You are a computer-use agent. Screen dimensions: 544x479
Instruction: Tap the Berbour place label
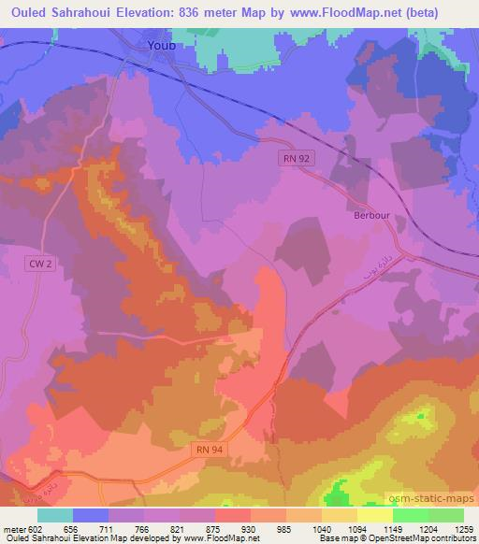[x=371, y=212]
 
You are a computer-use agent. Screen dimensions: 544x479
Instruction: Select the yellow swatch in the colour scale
[x=374, y=515]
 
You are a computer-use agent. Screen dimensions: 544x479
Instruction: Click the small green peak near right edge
[x=422, y=414]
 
